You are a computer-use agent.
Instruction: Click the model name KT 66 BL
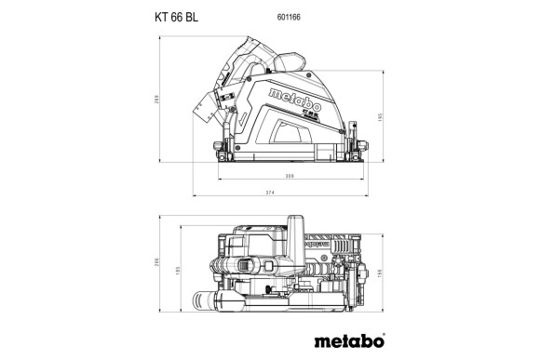tap(174, 16)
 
